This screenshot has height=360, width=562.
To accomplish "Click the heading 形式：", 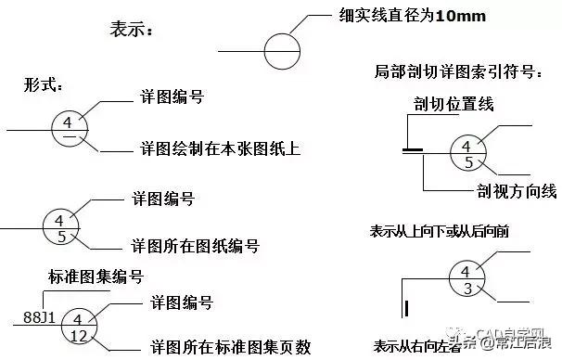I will tap(43, 86).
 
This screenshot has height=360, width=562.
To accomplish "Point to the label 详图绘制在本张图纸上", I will tap(218, 148).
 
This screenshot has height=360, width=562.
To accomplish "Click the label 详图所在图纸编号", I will tap(198, 247).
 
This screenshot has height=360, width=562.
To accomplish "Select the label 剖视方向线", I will tap(511, 191).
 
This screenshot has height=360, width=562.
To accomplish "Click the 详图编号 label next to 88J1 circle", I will tap(182, 303).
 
